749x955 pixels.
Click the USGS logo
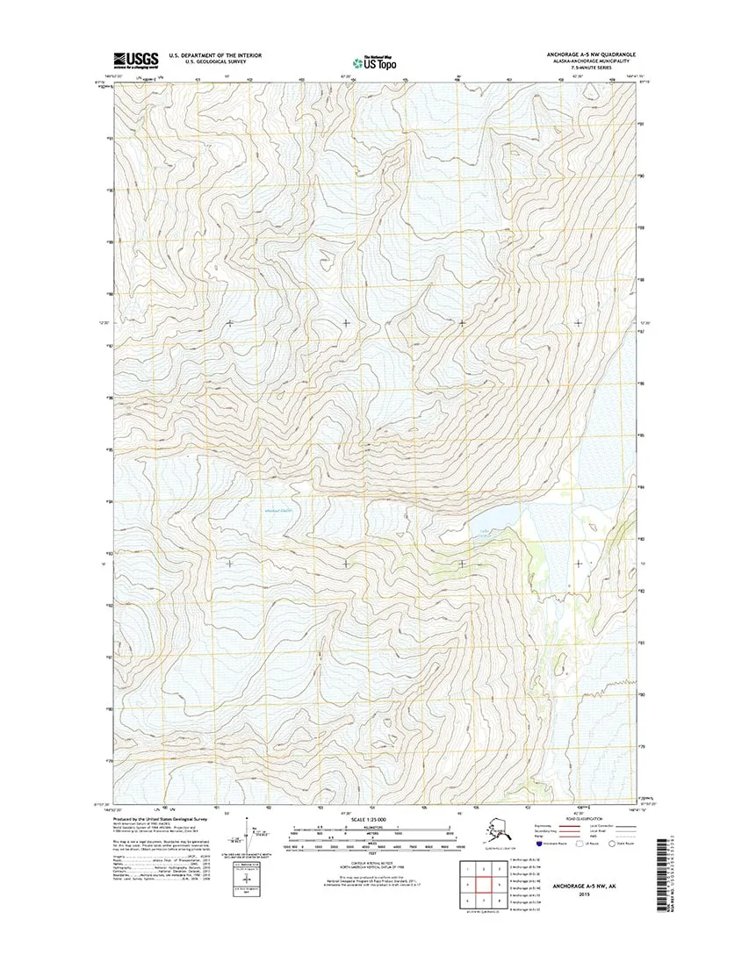click(x=135, y=60)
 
